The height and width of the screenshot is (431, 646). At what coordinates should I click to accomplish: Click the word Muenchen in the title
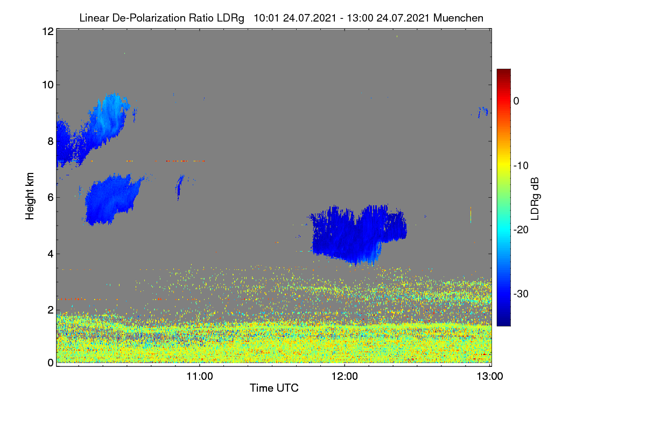pos(458,18)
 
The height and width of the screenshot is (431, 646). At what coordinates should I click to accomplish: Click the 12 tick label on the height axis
pos(48,31)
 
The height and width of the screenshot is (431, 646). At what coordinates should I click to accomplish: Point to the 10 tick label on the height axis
pos(48,85)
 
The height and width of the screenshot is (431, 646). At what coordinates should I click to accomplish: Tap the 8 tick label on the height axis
pos(51,141)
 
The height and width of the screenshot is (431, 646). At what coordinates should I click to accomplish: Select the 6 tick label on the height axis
pos(51,198)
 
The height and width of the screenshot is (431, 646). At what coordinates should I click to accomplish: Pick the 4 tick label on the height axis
pos(51,254)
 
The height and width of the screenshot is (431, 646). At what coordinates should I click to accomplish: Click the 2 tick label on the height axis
pos(51,310)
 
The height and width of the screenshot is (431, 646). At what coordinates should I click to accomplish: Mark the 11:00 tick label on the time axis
pos(200,377)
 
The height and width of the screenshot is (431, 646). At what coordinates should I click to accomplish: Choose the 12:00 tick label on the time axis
pos(345,377)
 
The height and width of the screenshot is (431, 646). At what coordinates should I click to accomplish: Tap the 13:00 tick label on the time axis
pos(490,377)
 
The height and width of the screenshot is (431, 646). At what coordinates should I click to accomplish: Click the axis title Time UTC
pos(274,388)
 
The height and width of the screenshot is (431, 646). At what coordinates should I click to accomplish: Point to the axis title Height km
pos(30,196)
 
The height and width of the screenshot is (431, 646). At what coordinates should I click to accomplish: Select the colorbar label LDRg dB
pos(535,199)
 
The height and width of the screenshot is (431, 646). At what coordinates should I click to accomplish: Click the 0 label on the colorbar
pos(516,101)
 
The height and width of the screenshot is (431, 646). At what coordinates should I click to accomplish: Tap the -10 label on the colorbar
pos(521,166)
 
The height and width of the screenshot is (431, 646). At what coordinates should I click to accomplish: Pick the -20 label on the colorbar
pos(521,230)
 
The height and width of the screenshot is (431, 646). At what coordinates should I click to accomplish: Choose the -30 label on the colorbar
pos(521,294)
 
